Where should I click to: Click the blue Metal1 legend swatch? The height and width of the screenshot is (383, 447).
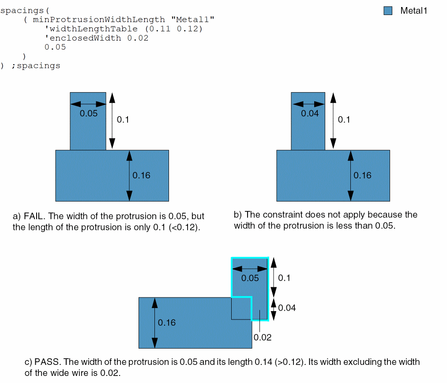tap(388, 11)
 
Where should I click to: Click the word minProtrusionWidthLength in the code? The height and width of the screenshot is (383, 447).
tap(99, 20)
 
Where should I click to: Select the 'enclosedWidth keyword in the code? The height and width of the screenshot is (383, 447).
tap(83, 38)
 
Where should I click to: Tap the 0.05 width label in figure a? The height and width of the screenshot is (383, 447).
tap(89, 113)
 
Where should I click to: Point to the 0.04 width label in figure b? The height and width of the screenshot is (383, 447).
tap(310, 113)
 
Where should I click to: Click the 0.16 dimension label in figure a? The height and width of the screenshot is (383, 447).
tap(141, 175)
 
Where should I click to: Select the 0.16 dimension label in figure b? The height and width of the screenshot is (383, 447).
tap(363, 175)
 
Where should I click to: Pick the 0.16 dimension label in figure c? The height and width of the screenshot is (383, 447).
tap(167, 323)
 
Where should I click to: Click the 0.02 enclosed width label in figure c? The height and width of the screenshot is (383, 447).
tap(263, 338)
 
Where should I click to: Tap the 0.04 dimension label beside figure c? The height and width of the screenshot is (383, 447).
tap(287, 308)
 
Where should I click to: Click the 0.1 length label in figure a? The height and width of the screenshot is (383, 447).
tap(123, 120)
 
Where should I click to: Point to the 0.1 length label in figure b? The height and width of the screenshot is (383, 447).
tap(344, 120)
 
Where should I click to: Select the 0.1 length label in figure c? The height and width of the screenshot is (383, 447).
tap(284, 278)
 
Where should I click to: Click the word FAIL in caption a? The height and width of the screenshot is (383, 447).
tap(34, 216)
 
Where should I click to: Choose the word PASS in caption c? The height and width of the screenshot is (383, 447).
tap(47, 362)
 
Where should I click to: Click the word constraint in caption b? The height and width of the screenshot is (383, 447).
tap(289, 214)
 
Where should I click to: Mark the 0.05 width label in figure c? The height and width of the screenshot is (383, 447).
tap(250, 278)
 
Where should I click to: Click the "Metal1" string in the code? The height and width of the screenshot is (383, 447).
tap(192, 20)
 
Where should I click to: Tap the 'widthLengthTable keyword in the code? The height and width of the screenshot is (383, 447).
tap(91, 29)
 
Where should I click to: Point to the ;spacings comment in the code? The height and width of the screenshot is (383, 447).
tap(36, 66)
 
